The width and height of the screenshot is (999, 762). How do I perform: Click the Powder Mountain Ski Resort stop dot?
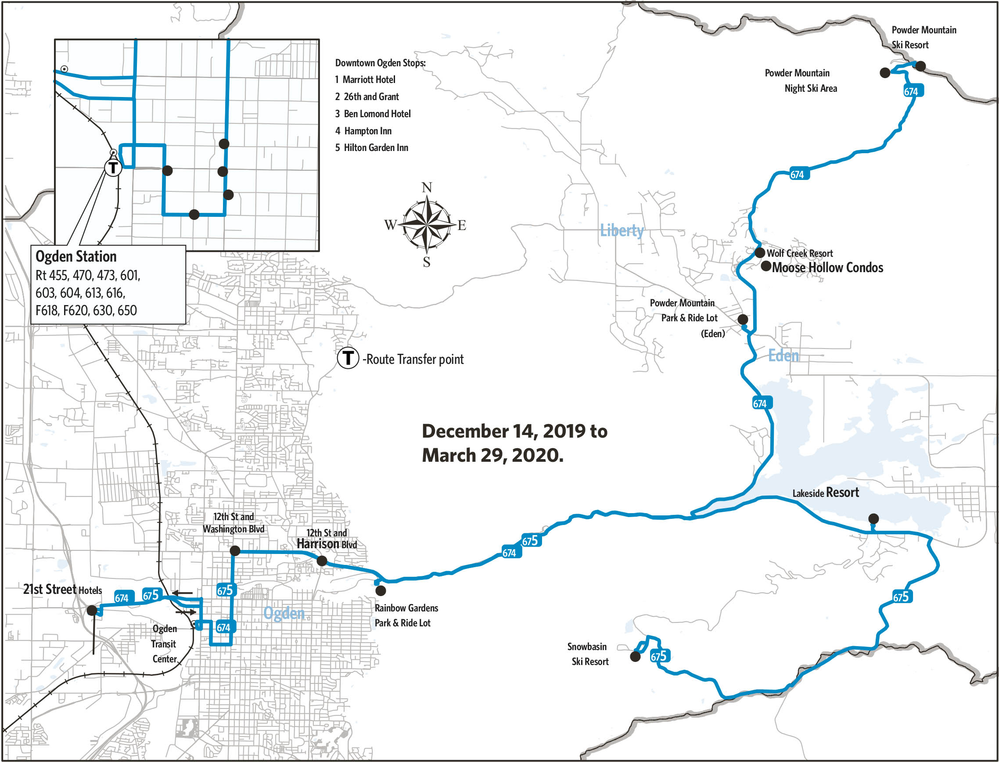[920, 66]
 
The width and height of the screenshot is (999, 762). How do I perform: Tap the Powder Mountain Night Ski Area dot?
[885, 72]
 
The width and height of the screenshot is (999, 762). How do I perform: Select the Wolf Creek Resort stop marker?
[760, 253]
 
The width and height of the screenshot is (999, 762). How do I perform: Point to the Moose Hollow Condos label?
[827, 268]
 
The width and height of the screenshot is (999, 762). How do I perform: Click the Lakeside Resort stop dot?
[873, 518]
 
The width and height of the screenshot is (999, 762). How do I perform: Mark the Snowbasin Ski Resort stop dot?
[635, 656]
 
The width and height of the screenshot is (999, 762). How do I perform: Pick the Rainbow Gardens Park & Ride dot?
[381, 590]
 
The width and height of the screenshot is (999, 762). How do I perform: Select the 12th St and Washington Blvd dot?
[235, 550]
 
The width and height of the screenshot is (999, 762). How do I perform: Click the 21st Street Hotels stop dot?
[92, 611]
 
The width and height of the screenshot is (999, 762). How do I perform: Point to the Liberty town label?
[622, 230]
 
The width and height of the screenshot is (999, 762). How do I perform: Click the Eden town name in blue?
[783, 355]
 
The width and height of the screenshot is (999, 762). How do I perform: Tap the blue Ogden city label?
[284, 613]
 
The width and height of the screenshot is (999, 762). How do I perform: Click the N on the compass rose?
[427, 187]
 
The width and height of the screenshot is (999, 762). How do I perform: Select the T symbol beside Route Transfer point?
[348, 358]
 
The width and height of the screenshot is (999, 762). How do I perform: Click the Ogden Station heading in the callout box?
[76, 256]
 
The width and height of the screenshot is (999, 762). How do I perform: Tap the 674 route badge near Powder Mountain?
[911, 91]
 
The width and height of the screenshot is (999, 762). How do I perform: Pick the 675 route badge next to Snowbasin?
[659, 656]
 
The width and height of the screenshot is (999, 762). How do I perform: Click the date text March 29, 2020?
[492, 455]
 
